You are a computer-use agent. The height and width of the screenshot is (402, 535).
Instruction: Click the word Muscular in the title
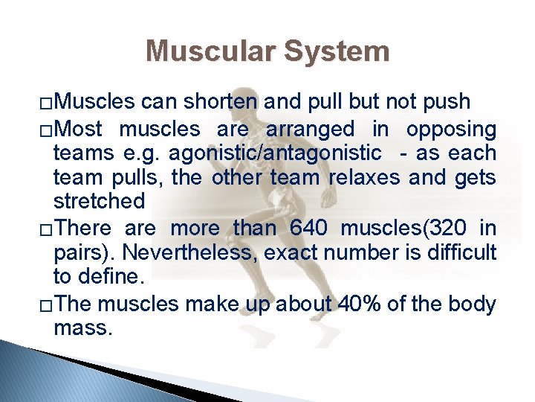(210, 51)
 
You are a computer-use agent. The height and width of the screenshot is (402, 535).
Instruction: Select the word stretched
(99, 202)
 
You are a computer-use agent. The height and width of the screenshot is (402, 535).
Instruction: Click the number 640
(306, 227)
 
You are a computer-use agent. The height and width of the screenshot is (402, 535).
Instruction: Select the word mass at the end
(83, 328)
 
